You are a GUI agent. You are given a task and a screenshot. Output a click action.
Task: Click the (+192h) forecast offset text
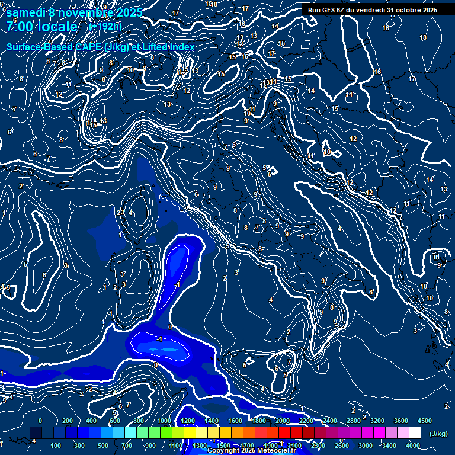click(105, 26)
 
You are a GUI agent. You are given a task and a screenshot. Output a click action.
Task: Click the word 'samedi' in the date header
click(27, 12)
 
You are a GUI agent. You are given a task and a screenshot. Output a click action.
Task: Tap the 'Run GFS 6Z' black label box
click(372, 9)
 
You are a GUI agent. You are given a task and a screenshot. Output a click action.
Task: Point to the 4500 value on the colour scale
click(425, 420)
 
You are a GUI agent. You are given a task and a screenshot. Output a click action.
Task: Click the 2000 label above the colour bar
click(283, 420)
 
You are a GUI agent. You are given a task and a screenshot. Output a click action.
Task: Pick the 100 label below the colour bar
click(56, 446)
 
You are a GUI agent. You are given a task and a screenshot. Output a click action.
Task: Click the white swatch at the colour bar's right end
click(415, 433)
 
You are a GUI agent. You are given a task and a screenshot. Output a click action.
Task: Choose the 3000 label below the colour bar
click(366, 446)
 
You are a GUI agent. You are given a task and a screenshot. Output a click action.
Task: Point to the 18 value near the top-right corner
click(423, 37)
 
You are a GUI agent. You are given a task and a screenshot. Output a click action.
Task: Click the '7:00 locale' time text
click(41, 27)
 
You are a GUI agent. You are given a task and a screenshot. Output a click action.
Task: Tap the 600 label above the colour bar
click(115, 420)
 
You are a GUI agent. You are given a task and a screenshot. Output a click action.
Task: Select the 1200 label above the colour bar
click(187, 420)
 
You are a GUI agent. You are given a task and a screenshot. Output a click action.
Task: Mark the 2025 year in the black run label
click(427, 9)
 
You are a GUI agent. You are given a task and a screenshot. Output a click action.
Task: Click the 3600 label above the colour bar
click(402, 420)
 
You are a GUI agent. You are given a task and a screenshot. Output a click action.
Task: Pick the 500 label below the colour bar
click(103, 446)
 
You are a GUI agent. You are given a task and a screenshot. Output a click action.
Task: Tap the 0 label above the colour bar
click(40, 420)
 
